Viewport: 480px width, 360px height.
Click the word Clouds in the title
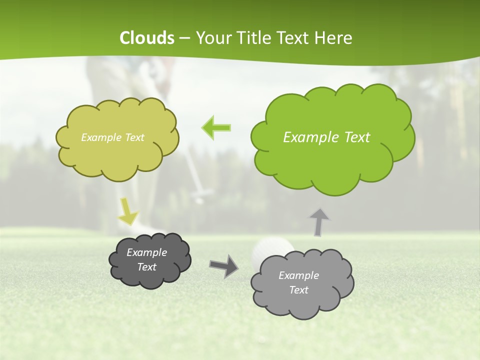[x=147, y=38]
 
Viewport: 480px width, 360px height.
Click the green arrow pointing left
[x=216, y=128]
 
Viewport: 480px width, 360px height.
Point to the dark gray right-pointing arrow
[x=223, y=265]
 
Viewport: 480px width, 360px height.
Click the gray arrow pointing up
[x=319, y=221]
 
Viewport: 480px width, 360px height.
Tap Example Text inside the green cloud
[x=326, y=137]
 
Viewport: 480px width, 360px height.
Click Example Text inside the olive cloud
[x=112, y=137]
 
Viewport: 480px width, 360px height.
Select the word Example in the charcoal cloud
[x=146, y=252]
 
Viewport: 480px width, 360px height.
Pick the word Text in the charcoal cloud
[x=146, y=267]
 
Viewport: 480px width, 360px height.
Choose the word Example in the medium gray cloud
[x=298, y=275]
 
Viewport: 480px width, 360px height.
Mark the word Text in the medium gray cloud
[x=298, y=290]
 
